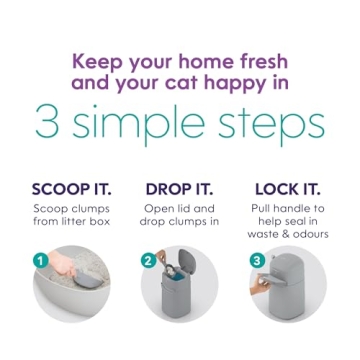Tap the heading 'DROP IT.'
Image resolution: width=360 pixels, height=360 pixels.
tap(179, 189)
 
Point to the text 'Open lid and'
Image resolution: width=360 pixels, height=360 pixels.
tap(179, 208)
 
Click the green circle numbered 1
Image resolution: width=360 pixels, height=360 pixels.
tap(41, 260)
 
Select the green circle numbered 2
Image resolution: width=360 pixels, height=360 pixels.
tap(148, 260)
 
